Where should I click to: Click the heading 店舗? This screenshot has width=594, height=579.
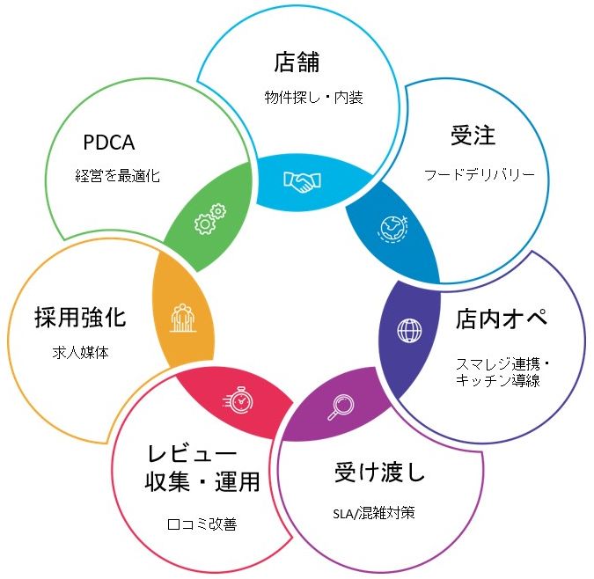(295, 63)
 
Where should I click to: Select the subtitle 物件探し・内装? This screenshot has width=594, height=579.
(313, 98)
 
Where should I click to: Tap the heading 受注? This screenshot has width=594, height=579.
(473, 136)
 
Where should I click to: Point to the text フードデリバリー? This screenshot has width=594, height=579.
(480, 174)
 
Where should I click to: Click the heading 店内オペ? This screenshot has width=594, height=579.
(502, 318)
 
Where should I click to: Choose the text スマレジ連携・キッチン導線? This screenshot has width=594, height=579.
(502, 371)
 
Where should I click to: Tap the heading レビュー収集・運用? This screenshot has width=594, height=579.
(202, 468)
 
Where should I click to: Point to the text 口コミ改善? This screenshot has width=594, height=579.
(202, 524)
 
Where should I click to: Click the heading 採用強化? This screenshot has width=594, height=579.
(80, 318)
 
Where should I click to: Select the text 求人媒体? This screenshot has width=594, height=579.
(80, 355)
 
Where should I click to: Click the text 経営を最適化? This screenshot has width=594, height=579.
(117, 176)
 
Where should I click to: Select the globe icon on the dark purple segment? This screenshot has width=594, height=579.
(409, 331)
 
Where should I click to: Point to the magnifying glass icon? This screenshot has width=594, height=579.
(340, 407)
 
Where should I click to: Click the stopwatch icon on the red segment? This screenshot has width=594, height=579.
(238, 399)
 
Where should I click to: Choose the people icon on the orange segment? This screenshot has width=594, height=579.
(182, 317)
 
